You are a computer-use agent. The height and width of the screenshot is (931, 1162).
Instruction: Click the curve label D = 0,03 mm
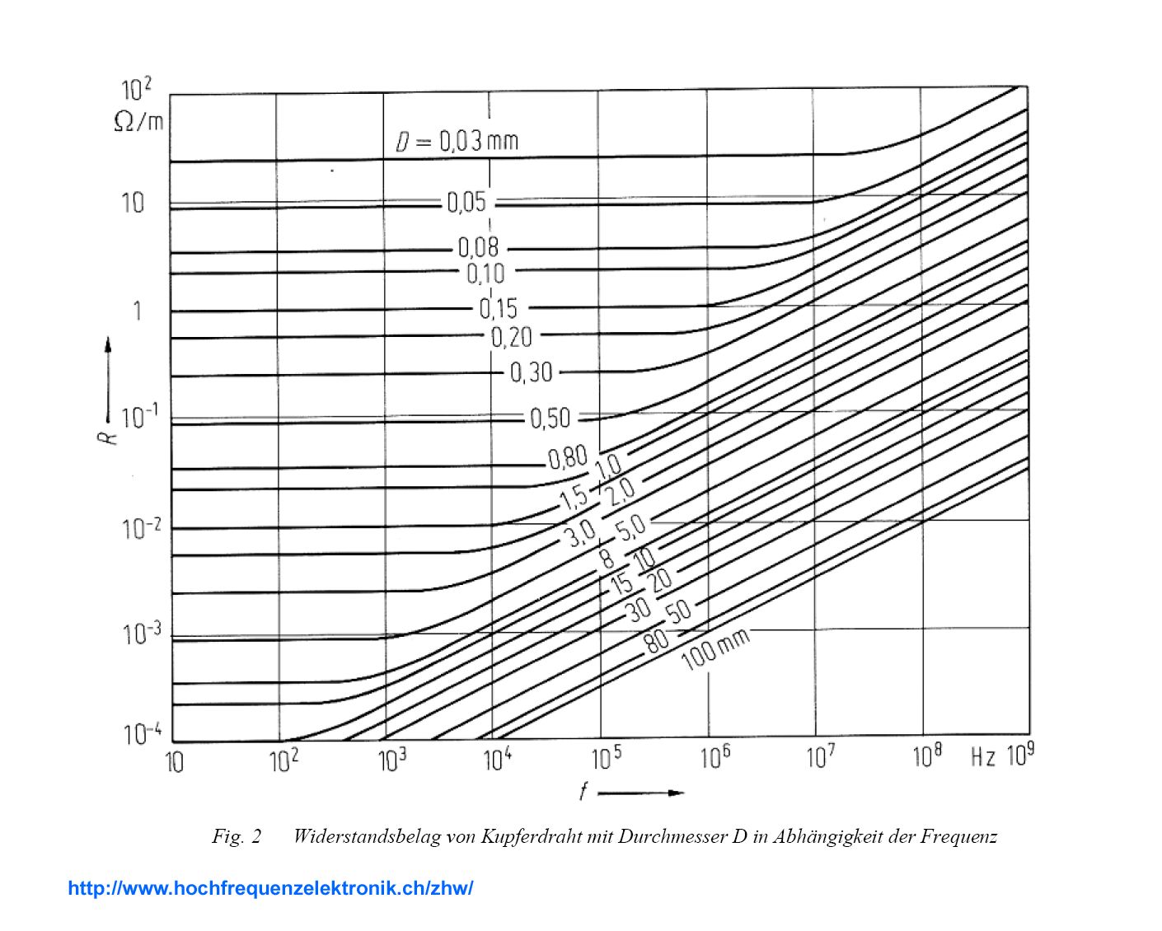pyautogui.click(x=457, y=141)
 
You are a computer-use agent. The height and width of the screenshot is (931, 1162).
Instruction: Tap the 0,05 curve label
pyautogui.click(x=466, y=202)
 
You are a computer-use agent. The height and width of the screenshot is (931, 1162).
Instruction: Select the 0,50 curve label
pyautogui.click(x=550, y=419)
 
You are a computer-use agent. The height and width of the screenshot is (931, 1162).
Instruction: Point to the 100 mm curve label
pyautogui.click(x=715, y=648)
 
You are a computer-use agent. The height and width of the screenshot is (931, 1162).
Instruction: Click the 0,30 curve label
pyautogui.click(x=531, y=372)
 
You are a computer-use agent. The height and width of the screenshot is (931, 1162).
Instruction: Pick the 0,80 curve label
pyautogui.click(x=568, y=456)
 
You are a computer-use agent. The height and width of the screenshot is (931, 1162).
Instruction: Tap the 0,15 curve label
pyautogui.click(x=499, y=308)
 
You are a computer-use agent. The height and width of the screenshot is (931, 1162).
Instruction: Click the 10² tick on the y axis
pyautogui.click(x=136, y=90)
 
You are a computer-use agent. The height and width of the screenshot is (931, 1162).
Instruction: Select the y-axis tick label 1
pyautogui.click(x=137, y=311)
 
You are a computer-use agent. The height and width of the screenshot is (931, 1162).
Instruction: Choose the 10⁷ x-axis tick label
pyautogui.click(x=820, y=756)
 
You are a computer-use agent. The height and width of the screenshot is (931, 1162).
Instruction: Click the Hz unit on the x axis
pyautogui.click(x=982, y=757)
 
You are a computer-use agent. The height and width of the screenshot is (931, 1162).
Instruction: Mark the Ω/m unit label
pyautogui.click(x=138, y=122)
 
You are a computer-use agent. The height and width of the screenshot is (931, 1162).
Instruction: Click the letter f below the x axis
pyautogui.click(x=583, y=792)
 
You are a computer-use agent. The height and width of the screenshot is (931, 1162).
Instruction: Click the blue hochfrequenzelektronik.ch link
pyautogui.click(x=270, y=888)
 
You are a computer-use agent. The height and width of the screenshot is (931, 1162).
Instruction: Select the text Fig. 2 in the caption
pyautogui.click(x=237, y=837)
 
